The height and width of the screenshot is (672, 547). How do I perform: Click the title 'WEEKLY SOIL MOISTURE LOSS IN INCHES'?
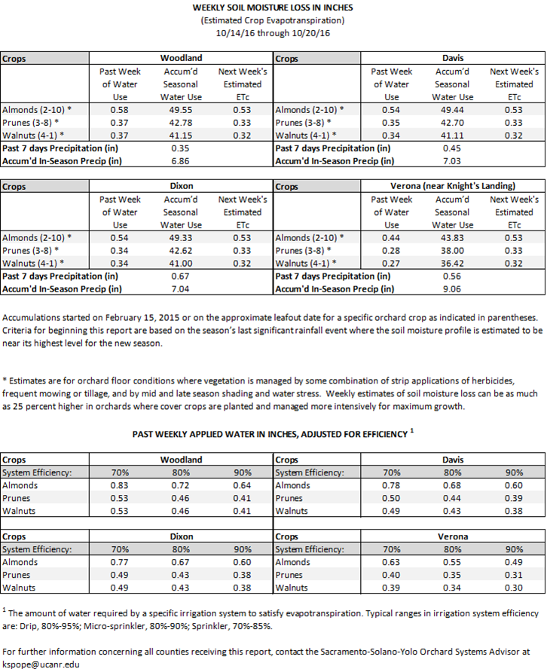pyautogui.click(x=273, y=8)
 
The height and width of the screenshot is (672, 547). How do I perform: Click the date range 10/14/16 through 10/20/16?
pyautogui.click(x=273, y=34)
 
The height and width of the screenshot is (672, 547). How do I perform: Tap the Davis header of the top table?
pyautogui.click(x=452, y=58)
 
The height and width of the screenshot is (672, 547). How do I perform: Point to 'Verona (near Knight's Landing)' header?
pyautogui.click(x=452, y=185)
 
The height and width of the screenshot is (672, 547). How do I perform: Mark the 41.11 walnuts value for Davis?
pyautogui.click(x=453, y=135)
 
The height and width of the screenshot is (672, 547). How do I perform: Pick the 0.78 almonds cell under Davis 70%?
pyautogui.click(x=391, y=486)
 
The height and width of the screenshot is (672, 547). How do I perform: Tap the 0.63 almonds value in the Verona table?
pyautogui.click(x=391, y=562)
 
